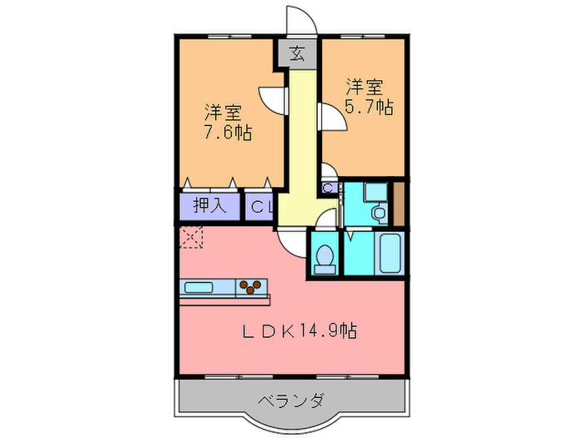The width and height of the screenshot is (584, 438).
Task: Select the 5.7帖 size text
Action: [370, 107]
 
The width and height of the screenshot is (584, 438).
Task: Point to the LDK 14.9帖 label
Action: [300, 331]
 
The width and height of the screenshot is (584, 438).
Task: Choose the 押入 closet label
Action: [209, 206]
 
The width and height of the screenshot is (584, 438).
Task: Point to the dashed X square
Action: [191, 238]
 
